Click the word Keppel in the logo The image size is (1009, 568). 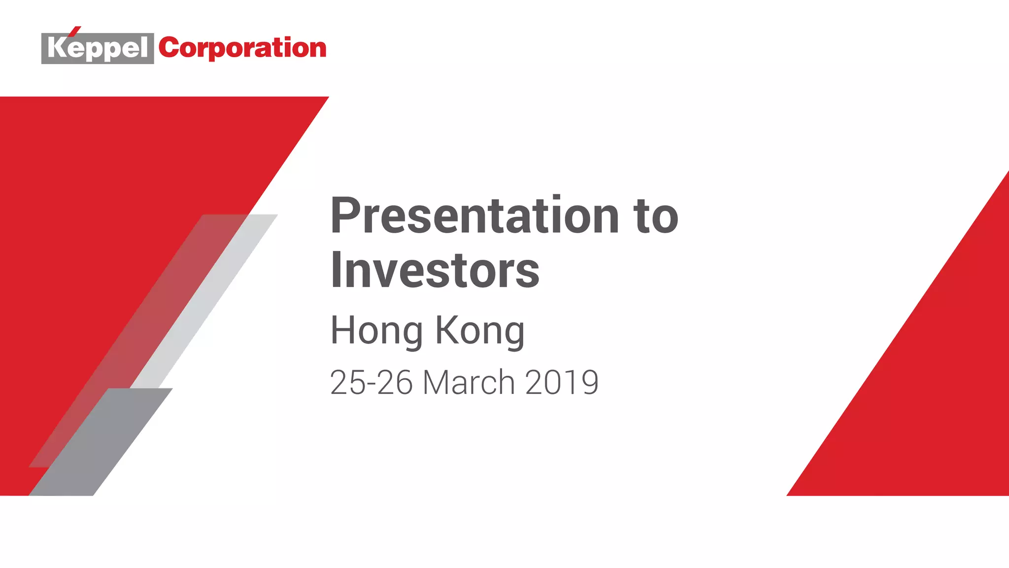pos(98,48)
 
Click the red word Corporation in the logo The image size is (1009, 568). pos(242,48)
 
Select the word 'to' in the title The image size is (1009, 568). pos(657,217)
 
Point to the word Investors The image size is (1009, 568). pos(435,270)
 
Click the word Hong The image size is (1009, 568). pos(376,330)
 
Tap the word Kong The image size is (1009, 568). pos(480,330)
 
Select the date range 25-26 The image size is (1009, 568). pos(371,382)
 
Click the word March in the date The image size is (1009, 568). pos(469,382)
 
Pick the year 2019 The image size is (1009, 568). pos(562,382)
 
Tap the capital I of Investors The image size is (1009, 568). pos(336,270)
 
